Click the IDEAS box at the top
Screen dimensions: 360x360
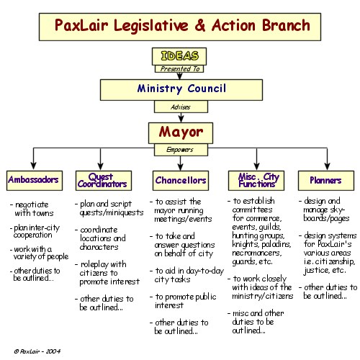coord(179,56)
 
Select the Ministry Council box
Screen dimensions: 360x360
coord(181,90)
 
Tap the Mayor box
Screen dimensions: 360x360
coord(181,133)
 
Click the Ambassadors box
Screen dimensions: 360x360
coord(35,181)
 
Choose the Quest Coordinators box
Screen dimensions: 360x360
coord(104,181)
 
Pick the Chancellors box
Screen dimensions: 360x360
coord(181,181)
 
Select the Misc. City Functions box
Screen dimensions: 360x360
coord(256,181)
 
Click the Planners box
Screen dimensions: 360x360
coord(326,181)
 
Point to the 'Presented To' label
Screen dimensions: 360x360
coord(179,69)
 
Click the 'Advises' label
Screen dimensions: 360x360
coord(181,107)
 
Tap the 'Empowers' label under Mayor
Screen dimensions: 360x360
coord(181,150)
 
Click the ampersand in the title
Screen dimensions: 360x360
coord(199,25)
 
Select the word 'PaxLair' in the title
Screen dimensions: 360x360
coord(81,25)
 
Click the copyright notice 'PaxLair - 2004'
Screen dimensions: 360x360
coord(37,351)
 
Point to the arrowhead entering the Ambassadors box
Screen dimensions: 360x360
coord(34,166)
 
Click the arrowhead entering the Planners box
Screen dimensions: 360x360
coord(327,166)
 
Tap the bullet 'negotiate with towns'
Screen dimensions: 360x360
coord(32,209)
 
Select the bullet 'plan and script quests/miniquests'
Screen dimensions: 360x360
coord(109,208)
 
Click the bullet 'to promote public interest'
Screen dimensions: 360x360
coord(183,301)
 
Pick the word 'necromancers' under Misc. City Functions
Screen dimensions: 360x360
coord(257,253)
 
